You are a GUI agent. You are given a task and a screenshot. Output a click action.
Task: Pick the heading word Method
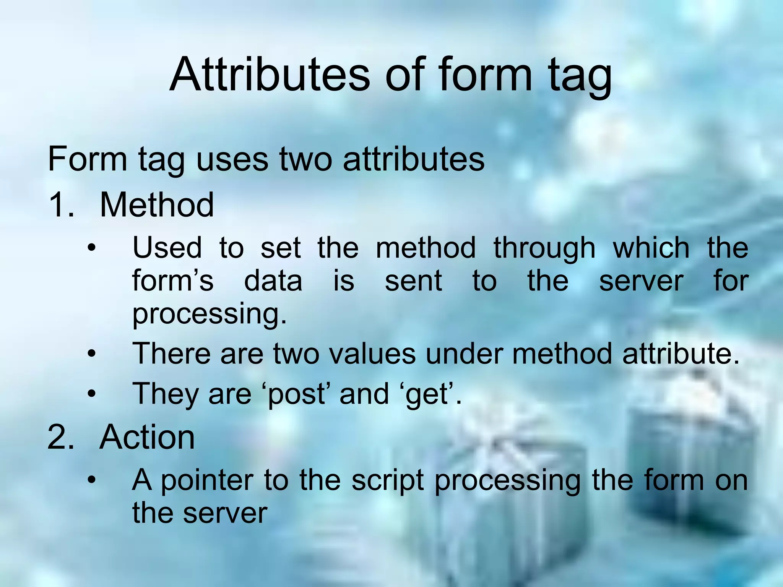pos(156,205)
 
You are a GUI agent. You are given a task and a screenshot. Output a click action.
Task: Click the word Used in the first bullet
pos(167,248)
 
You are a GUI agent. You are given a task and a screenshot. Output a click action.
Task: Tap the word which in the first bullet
pos(651,248)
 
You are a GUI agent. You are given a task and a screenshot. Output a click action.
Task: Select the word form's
pos(172,281)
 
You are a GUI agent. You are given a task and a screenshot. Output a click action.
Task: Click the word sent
pos(413,281)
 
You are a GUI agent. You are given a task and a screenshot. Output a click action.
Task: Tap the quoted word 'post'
pos(296,395)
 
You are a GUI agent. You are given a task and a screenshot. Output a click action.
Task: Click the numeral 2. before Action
pos(60,437)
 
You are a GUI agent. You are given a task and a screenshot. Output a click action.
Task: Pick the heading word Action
pos(147,437)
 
